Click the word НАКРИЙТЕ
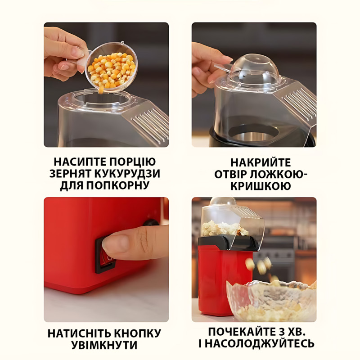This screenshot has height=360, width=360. (x=261, y=162)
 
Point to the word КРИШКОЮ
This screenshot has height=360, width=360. (x=261, y=186)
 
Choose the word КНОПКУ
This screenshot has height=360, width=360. (x=137, y=333)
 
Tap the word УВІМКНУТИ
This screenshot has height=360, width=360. (x=104, y=345)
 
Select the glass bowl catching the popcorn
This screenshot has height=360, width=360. (x=271, y=301)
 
